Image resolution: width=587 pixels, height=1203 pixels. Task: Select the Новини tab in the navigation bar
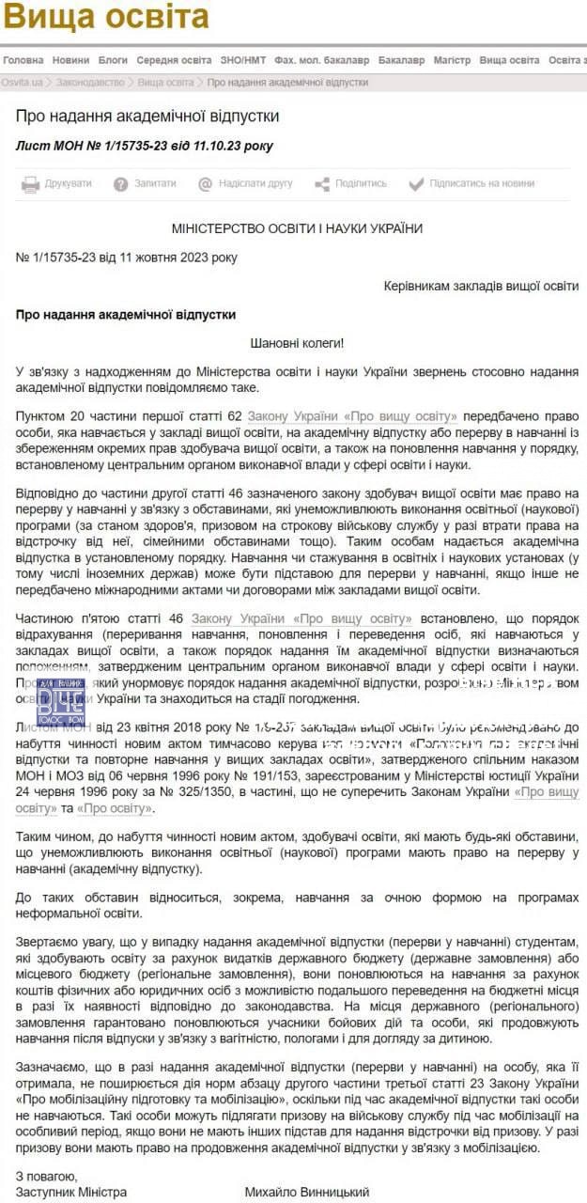[71, 60]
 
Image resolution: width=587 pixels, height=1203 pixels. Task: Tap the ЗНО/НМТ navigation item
[243, 60]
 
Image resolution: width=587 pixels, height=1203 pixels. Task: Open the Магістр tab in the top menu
[452, 60]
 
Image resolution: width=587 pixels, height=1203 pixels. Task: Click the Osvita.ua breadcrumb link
[22, 83]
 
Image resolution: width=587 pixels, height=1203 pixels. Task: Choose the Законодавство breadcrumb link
[90, 83]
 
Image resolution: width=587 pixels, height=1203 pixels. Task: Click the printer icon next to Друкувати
[30, 184]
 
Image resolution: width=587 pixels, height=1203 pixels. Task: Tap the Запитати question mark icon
[120, 184]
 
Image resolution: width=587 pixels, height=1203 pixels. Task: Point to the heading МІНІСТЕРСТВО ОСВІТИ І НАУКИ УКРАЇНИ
[297, 228]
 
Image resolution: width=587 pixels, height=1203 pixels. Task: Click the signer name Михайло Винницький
[306, 1192]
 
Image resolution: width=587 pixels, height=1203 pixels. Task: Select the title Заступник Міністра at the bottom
[71, 1192]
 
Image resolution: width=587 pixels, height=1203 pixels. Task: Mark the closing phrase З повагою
[46, 1176]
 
